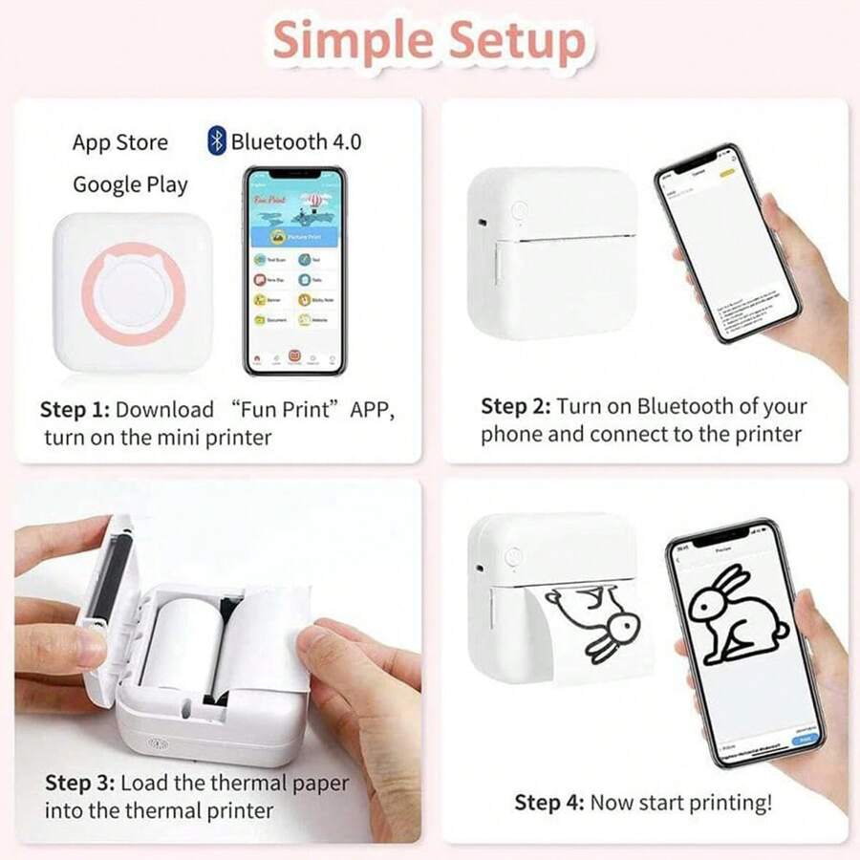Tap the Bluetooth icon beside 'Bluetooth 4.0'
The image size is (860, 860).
[217, 141]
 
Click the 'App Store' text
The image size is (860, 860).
[119, 142]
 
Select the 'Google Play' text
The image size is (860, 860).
[130, 184]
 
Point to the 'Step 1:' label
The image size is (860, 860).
[75, 410]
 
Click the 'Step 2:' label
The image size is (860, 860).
[515, 406]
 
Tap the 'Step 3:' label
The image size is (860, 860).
[79, 784]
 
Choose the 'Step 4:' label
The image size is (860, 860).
[549, 803]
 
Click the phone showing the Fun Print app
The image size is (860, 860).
[293, 270]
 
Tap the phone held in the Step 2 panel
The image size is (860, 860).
[726, 244]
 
